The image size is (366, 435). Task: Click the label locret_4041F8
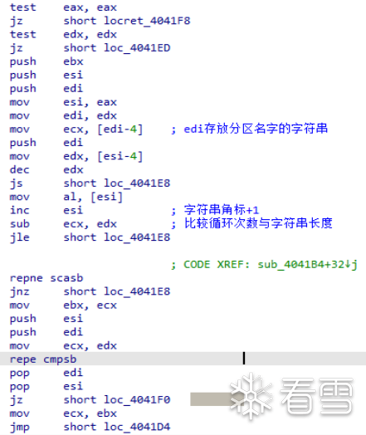click(147, 21)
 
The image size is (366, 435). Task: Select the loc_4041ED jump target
click(137, 48)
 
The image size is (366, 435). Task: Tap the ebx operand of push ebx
click(73, 61)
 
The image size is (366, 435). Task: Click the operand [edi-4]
click(120, 130)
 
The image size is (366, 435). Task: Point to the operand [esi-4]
click(120, 156)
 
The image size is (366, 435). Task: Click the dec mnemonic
click(19, 169)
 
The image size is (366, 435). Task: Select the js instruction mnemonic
click(16, 183)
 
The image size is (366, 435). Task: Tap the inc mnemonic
click(19, 210)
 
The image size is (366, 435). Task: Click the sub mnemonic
click(19, 224)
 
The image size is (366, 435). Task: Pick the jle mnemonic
click(19, 237)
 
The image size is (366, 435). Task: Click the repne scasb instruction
click(46, 278)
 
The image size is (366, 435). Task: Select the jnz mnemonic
click(19, 292)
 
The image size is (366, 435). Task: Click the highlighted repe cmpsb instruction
click(43, 359)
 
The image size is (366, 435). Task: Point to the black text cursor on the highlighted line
click(244, 358)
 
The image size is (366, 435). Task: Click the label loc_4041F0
click(137, 400)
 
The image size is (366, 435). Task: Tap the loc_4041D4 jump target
click(137, 427)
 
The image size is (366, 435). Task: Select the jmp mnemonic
click(19, 428)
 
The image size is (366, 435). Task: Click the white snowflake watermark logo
click(251, 396)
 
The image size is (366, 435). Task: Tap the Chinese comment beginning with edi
click(256, 129)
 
